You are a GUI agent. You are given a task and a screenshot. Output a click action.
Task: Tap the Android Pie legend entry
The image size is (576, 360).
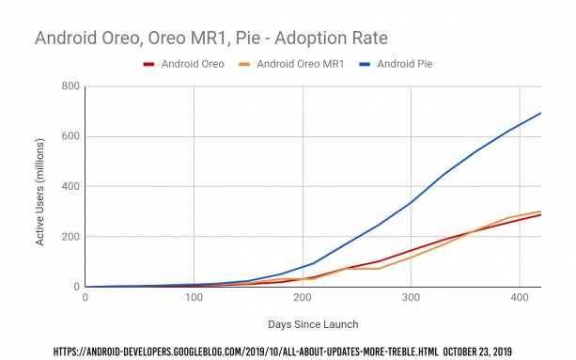pyautogui.click(x=402, y=64)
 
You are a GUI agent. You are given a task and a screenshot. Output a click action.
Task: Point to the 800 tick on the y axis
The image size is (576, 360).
pyautogui.click(x=68, y=86)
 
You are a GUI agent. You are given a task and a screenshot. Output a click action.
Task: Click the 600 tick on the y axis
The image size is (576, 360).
pyautogui.click(x=68, y=136)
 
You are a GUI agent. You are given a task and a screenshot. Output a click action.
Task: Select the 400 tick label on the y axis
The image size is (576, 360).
pyautogui.click(x=68, y=186)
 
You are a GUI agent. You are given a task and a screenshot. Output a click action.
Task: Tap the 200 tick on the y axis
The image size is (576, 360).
pyautogui.click(x=68, y=237)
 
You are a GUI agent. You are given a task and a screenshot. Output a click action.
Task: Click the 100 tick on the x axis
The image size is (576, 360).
pyautogui.click(x=194, y=298)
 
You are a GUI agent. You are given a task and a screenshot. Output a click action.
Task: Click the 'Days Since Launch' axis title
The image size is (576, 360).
pyautogui.click(x=313, y=324)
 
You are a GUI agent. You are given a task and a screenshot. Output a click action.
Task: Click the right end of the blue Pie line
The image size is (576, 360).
pyautogui.click(x=540, y=113)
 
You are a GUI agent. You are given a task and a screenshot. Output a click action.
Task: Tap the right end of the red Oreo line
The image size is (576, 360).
pyautogui.click(x=540, y=215)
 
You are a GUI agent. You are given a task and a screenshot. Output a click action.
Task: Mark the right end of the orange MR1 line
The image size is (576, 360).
pyautogui.click(x=540, y=211)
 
